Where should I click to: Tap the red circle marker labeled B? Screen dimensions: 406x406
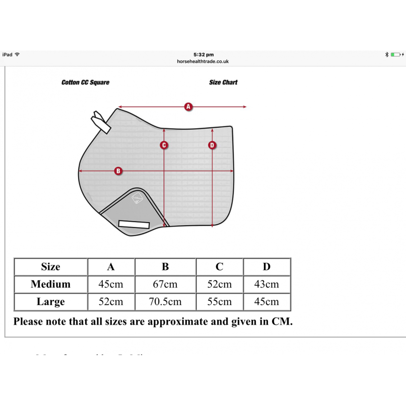[x=118, y=171]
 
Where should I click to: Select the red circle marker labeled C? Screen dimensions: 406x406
[x=164, y=145]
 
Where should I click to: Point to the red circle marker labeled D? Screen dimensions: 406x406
[x=212, y=145]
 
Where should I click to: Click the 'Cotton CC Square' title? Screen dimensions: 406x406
[x=85, y=83]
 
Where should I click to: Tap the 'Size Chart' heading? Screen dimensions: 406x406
[x=223, y=83]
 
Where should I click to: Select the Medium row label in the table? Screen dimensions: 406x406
[x=51, y=284]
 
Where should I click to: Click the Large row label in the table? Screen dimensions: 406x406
[x=51, y=302]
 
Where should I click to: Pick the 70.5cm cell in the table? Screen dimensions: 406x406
[x=165, y=302]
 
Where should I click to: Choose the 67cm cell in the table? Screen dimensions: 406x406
[x=165, y=284]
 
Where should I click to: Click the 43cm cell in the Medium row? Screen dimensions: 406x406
[x=267, y=284]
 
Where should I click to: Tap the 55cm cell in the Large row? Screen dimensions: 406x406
[x=219, y=302]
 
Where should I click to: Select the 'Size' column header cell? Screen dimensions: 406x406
[x=51, y=267]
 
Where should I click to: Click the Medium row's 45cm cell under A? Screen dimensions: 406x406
[x=111, y=284]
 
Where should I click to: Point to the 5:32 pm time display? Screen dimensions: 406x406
[x=203, y=55]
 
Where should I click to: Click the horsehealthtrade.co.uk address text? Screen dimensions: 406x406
[x=203, y=61]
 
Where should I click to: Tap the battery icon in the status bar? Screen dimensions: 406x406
[x=396, y=55]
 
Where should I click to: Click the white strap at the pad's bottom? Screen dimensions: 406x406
[x=134, y=224]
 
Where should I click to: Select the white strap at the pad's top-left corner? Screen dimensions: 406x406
[x=101, y=122]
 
